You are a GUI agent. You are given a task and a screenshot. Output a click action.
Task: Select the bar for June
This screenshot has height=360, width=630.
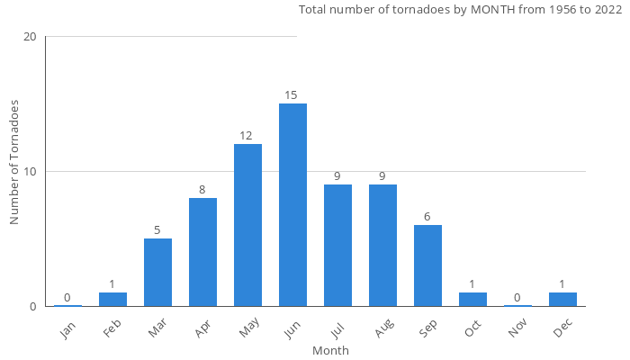292,205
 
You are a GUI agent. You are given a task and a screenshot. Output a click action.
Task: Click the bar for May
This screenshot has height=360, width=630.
247,225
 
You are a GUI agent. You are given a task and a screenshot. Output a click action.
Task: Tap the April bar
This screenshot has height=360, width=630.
202,252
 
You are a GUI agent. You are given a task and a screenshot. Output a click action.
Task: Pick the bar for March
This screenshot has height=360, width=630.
157,272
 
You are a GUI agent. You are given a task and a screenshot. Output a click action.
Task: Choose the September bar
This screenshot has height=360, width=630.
427,265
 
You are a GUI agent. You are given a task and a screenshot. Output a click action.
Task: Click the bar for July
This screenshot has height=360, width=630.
337,245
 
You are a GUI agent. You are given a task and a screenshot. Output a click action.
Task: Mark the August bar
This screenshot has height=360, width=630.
382,245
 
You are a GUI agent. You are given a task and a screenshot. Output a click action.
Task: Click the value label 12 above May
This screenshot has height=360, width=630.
246,136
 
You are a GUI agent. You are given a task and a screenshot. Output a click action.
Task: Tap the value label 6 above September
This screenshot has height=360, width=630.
427,217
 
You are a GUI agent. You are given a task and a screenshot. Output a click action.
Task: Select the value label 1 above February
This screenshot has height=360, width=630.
112,284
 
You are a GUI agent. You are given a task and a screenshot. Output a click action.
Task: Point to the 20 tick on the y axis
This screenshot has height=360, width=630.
31,37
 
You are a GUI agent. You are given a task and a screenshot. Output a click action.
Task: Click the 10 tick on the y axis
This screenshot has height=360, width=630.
31,172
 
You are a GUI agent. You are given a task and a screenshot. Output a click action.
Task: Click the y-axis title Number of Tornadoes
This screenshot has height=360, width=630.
15,162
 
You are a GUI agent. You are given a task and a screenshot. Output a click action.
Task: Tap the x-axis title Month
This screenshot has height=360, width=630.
330,350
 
